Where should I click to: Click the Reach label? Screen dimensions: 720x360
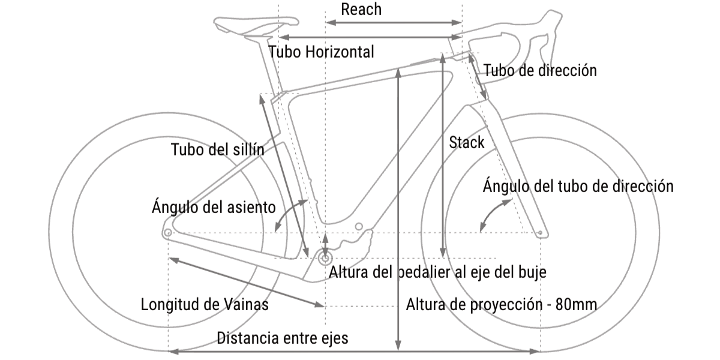(361, 10)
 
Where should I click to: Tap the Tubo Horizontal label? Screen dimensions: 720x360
(322, 52)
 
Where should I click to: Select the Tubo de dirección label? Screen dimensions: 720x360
(540, 71)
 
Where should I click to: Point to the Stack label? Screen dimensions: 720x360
(467, 142)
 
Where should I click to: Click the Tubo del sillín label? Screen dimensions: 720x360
(218, 150)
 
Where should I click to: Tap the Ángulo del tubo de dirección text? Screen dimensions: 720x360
(578, 186)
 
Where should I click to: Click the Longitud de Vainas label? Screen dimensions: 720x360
(205, 304)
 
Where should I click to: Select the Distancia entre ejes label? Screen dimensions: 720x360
(283, 338)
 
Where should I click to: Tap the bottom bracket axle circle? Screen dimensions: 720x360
(326, 258)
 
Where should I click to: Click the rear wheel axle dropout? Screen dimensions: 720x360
(168, 232)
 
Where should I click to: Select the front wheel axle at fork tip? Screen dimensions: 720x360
(541, 232)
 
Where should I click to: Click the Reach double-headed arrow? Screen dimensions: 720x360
(394, 23)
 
